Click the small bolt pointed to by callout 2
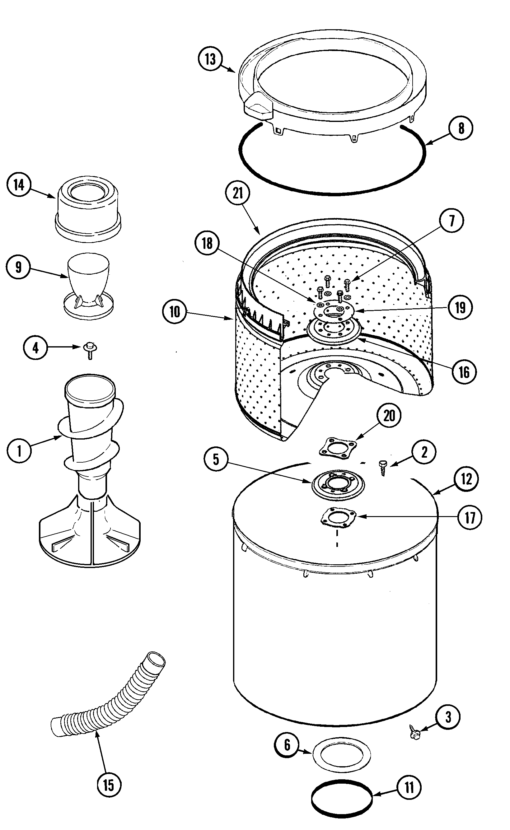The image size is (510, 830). click(382, 468)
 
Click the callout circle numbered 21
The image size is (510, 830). click(238, 193)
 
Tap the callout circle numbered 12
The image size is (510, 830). click(466, 478)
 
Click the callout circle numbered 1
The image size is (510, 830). click(19, 451)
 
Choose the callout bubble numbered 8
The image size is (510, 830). click(461, 128)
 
